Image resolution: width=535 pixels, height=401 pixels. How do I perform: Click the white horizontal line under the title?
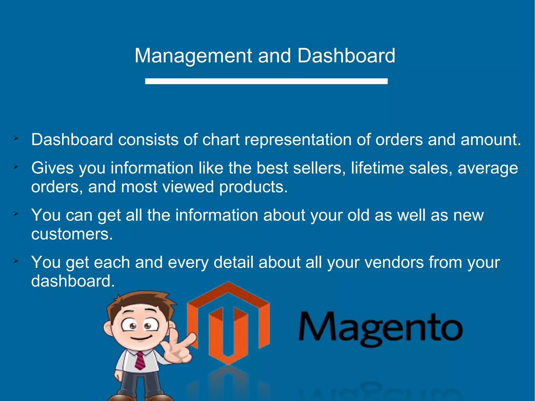(x=266, y=81)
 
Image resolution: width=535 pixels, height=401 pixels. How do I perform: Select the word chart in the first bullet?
(x=221, y=140)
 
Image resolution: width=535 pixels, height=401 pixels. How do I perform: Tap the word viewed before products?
(x=188, y=187)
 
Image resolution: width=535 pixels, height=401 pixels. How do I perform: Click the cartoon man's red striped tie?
(x=140, y=361)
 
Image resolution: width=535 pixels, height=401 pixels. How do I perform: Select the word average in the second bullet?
(x=488, y=168)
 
